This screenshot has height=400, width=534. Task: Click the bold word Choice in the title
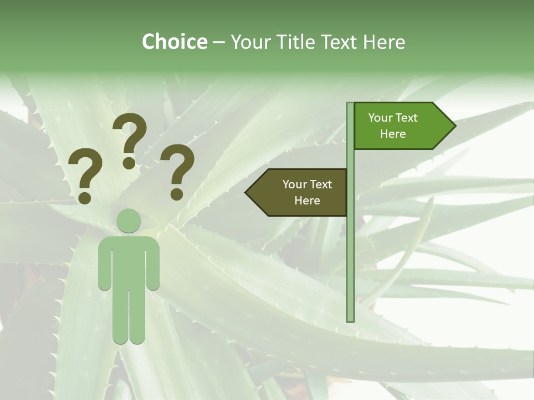(x=174, y=42)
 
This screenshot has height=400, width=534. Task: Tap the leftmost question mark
(x=85, y=175)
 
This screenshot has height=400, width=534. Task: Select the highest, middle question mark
(x=130, y=139)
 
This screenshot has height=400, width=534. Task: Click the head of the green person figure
(x=128, y=221)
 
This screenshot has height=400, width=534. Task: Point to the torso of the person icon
(x=128, y=261)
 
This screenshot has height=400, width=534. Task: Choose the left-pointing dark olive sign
(x=300, y=192)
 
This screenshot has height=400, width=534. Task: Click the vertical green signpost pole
(x=350, y=250)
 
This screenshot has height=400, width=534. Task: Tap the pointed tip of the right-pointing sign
(x=453, y=126)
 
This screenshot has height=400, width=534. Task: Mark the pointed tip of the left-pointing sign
(x=248, y=192)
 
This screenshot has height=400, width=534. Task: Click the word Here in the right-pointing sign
(x=393, y=134)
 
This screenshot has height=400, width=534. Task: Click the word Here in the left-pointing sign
(x=307, y=201)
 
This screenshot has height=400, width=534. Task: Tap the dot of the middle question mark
(x=129, y=163)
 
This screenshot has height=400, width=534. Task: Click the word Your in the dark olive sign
(x=294, y=184)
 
